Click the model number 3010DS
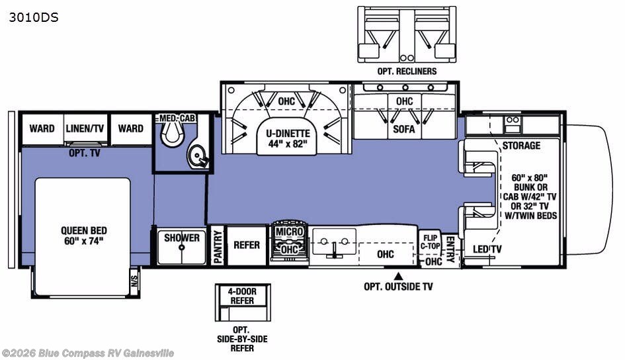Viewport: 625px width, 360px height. tap(34, 18)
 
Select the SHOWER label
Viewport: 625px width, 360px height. tap(182, 238)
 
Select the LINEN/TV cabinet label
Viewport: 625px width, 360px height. tap(86, 128)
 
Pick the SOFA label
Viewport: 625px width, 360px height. tap(403, 129)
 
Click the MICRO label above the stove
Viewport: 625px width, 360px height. tap(289, 232)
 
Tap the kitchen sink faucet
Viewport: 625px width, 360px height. tap(334, 249)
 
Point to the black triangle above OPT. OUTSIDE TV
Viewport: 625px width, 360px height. tap(398, 275)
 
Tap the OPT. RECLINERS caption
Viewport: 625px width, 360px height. tap(407, 71)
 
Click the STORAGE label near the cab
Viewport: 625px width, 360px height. tap(521, 146)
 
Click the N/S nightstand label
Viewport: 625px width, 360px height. tap(134, 277)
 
